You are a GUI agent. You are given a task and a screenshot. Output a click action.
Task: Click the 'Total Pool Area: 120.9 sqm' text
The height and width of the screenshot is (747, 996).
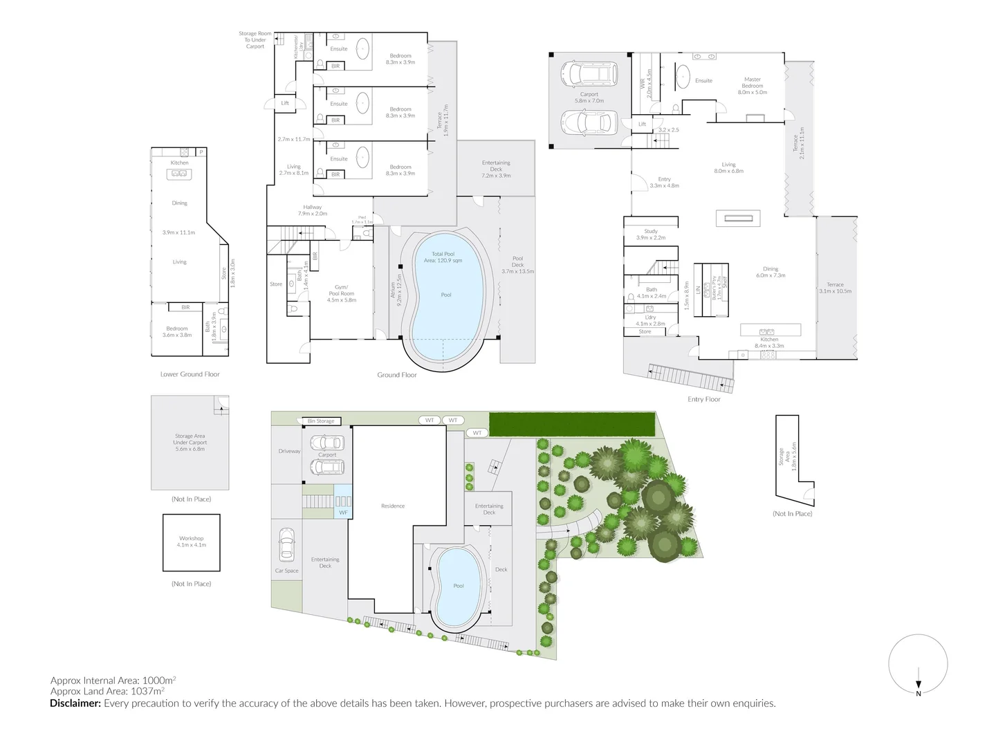click(446, 257)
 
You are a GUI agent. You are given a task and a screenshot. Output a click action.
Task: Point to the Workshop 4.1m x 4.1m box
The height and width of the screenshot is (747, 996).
click(192, 542)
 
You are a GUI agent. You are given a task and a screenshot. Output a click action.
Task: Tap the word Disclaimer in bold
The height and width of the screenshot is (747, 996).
click(75, 703)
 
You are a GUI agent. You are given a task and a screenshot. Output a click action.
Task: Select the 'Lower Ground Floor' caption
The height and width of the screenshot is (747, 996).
click(190, 374)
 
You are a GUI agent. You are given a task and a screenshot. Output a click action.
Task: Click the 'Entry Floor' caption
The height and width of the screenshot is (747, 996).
click(704, 399)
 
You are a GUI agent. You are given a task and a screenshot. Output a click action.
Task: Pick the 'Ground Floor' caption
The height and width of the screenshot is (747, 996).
click(397, 375)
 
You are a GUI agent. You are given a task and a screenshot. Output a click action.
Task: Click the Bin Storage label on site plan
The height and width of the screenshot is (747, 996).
click(321, 421)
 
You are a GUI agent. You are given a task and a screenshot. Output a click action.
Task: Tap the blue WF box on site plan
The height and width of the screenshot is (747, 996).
click(343, 513)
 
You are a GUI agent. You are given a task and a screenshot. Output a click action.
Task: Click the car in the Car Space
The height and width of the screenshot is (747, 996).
click(286, 545)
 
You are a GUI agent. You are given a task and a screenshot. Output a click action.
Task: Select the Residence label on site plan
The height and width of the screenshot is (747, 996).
click(393, 506)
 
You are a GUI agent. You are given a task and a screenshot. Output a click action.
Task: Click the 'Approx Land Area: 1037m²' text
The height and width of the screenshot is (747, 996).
click(107, 690)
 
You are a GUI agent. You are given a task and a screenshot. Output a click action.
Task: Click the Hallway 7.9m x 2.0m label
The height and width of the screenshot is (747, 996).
click(313, 210)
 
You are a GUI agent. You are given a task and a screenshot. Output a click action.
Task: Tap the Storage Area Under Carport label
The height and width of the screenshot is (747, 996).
click(190, 443)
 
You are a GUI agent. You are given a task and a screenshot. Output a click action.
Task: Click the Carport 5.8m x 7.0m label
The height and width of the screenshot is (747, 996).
click(589, 98)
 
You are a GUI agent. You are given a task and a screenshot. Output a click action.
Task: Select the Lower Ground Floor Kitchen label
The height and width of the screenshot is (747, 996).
click(180, 163)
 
